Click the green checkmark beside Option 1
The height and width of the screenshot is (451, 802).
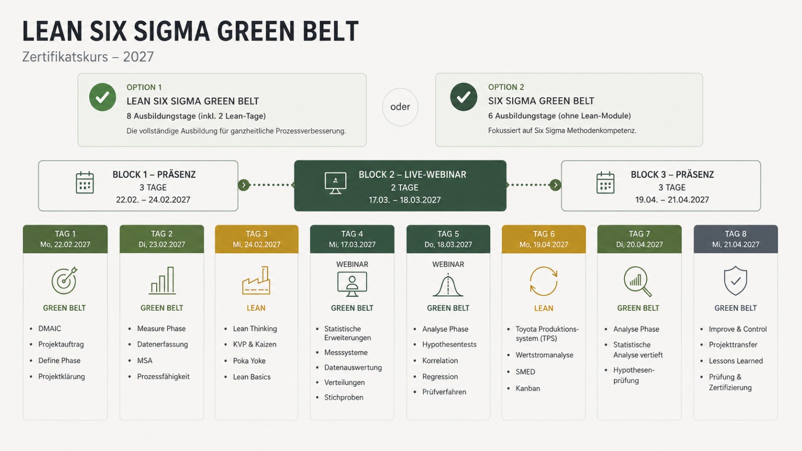click(x=102, y=97)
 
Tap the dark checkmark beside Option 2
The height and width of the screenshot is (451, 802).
click(x=464, y=97)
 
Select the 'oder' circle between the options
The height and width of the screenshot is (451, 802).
click(x=400, y=107)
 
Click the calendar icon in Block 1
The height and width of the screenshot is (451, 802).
click(x=85, y=182)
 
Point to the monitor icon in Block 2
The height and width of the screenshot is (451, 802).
click(x=335, y=183)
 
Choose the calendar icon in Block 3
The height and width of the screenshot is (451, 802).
click(x=606, y=182)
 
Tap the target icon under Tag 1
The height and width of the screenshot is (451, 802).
click(x=65, y=280)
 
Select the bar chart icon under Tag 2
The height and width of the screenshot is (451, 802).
click(x=162, y=281)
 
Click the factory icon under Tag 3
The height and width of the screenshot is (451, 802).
click(x=256, y=280)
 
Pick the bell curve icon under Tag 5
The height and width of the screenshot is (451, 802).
click(x=448, y=285)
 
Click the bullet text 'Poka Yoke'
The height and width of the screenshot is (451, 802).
click(x=249, y=360)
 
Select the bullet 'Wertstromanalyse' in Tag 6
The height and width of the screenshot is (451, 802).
click(x=544, y=355)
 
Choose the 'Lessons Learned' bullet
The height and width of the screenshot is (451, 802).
click(x=736, y=361)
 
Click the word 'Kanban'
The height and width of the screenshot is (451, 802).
click(x=528, y=388)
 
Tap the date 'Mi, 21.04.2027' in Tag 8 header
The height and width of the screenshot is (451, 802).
click(x=736, y=245)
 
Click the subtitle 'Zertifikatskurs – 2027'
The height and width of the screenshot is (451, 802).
click(x=88, y=57)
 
